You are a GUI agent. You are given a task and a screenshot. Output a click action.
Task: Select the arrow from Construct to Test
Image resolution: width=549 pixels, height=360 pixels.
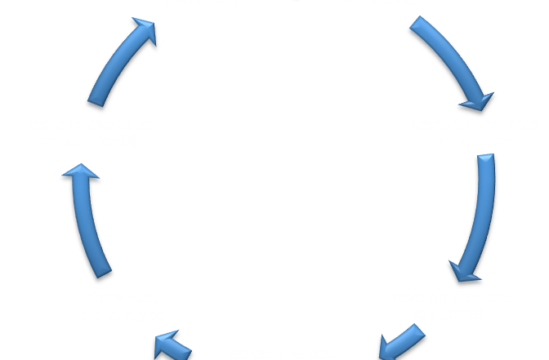coord(87,220)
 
